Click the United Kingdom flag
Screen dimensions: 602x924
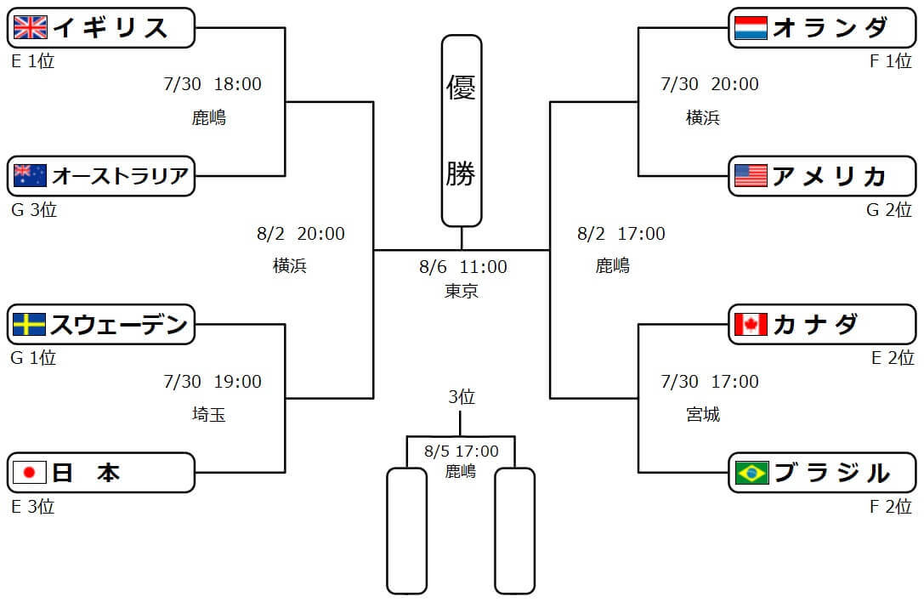click(31, 28)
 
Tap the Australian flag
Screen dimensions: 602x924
click(31, 176)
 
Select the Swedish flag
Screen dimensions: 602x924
click(31, 324)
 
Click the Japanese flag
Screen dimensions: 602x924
click(31, 473)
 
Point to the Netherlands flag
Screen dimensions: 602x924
click(751, 28)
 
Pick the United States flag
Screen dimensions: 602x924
click(751, 176)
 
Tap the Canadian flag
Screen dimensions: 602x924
click(751, 324)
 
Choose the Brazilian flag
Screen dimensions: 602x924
click(751, 473)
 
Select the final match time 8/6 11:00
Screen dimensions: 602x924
click(463, 267)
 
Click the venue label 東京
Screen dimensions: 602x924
click(462, 291)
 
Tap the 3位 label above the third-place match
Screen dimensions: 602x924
click(462, 397)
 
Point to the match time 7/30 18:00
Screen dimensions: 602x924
click(213, 84)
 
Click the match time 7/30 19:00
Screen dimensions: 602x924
click(213, 382)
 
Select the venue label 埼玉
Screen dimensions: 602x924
click(209, 415)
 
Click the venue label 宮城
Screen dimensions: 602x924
click(703, 415)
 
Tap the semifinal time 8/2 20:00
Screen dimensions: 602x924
click(300, 234)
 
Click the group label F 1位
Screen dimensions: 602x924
click(891, 61)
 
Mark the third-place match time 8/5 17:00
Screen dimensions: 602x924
click(462, 451)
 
